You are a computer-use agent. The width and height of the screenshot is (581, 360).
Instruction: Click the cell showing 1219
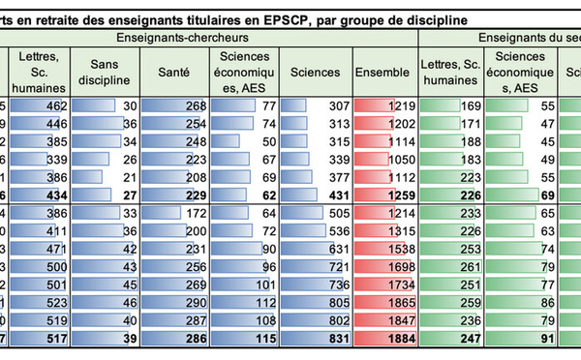point(385,106)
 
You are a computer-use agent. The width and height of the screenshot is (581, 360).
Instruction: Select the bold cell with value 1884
point(385,338)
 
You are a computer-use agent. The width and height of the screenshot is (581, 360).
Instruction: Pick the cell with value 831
point(316,338)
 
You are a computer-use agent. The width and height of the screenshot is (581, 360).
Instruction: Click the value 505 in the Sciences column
point(316,213)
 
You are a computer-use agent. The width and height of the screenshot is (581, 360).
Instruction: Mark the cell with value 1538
point(385,249)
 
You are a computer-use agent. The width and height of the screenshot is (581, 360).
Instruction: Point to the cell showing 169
point(450,106)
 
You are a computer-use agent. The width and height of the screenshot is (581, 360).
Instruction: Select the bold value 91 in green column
point(519,338)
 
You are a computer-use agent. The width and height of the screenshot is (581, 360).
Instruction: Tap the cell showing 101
point(244,285)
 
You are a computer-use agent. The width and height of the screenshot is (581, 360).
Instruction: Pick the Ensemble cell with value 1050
point(385,160)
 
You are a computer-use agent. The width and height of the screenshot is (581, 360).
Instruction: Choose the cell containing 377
point(316,177)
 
